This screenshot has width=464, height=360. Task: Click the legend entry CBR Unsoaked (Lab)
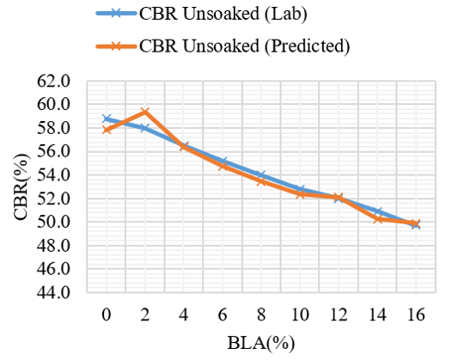pos(202,14)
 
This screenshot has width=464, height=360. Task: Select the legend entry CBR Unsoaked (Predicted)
pos(223,46)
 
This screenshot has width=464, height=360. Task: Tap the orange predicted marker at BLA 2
pos(144,112)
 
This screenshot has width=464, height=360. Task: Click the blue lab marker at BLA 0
pos(107,119)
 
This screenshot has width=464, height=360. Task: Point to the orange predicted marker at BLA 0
pos(107,130)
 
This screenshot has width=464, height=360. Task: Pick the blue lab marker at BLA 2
pos(144,128)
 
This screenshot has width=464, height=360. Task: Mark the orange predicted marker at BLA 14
pos(377,219)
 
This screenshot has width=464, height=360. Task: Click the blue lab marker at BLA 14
pos(377,211)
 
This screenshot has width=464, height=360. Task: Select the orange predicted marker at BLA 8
pos(261,181)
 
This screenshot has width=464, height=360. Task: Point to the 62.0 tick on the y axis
pos(53,82)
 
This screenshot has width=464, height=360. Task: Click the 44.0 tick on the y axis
pos(53,292)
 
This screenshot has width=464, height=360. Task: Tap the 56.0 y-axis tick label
pos(53,152)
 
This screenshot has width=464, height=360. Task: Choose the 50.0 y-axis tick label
pos(53,222)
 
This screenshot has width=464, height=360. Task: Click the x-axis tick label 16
pos(416,314)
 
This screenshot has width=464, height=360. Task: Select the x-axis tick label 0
pos(107,314)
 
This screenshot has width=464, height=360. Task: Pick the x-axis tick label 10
pos(300,314)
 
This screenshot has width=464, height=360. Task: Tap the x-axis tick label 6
pos(223,314)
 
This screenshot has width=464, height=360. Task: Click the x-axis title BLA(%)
pos(261,343)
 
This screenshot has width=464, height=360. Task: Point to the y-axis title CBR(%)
pos(21,187)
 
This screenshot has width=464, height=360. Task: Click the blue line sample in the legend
pos(116,13)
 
